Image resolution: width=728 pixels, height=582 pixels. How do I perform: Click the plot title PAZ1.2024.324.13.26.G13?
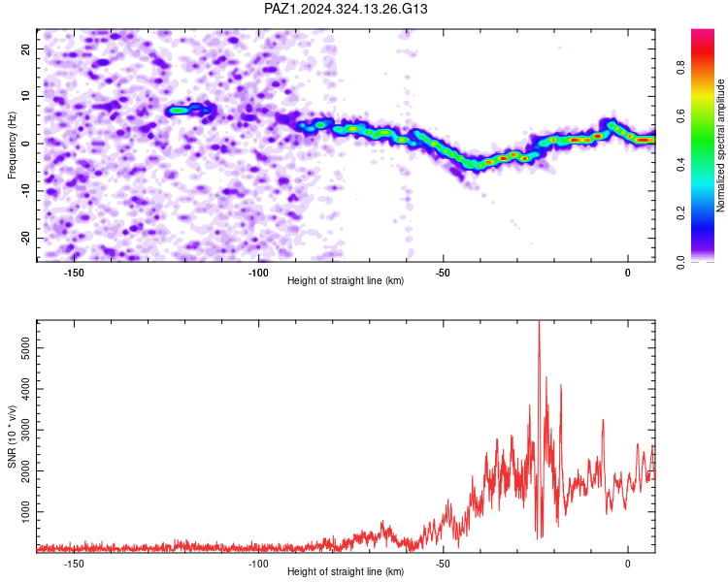346,9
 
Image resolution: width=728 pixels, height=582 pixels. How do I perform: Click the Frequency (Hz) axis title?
12,145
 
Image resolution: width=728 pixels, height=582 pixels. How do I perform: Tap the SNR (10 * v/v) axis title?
12,436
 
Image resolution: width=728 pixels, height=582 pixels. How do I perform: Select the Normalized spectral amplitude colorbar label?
720,145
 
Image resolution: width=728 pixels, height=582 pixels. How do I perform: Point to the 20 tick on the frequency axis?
26,48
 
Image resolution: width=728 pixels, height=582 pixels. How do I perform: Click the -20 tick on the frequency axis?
26,239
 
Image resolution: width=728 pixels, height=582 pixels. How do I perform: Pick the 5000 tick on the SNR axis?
26,348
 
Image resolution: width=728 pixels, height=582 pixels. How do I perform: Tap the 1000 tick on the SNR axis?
26,512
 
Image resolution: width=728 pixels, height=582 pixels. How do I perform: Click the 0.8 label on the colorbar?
681,67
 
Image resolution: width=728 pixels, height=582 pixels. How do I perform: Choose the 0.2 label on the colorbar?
681,212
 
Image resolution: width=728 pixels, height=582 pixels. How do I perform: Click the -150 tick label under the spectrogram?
74,273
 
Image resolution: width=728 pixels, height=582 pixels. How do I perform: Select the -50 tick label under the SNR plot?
443,564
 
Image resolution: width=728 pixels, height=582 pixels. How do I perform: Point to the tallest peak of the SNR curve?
539,322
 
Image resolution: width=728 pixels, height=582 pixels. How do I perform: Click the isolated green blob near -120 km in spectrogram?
177,111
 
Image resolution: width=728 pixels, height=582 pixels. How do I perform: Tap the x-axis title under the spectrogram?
346,280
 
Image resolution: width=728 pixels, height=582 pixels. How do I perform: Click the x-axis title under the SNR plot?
346,571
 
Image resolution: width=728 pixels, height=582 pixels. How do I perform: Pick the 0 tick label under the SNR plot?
628,564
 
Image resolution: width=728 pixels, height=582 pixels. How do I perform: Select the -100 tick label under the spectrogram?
258,273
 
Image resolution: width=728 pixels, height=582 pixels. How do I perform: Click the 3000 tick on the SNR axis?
26,430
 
